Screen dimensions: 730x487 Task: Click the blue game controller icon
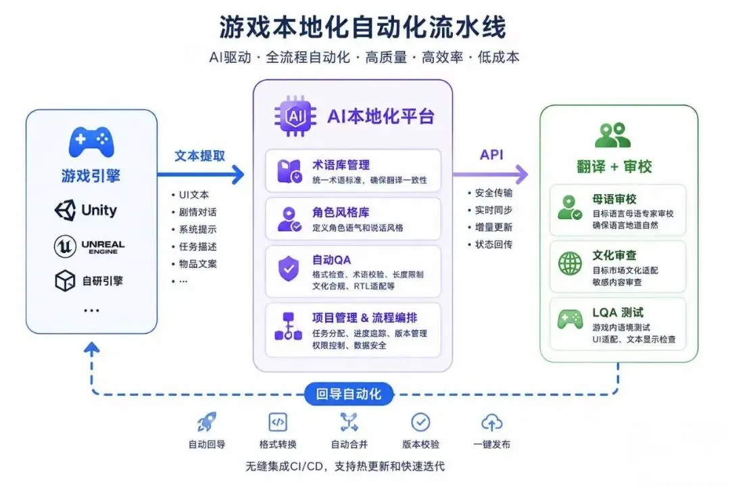click(91, 141)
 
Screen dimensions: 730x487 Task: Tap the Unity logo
click(65, 210)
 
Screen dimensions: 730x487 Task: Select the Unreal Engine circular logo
click(65, 246)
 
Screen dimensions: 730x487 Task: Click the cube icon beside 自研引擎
click(65, 281)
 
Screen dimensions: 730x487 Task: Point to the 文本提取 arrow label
click(199, 156)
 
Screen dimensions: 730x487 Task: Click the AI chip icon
click(295, 116)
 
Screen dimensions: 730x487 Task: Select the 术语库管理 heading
click(341, 165)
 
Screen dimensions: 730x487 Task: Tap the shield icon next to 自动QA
click(289, 269)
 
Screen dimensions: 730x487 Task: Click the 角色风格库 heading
click(341, 212)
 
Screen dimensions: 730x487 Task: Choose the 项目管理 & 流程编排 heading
click(364, 318)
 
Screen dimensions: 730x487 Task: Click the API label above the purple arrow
click(491, 155)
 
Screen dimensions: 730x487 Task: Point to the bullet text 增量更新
click(493, 227)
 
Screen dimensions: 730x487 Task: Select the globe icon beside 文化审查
click(570, 263)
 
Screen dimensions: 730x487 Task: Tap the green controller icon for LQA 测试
click(570, 319)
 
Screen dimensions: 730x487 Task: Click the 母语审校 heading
click(614, 200)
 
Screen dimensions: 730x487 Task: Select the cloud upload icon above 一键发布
click(491, 422)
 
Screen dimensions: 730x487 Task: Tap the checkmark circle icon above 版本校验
click(421, 422)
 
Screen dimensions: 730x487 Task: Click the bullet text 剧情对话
click(198, 212)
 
